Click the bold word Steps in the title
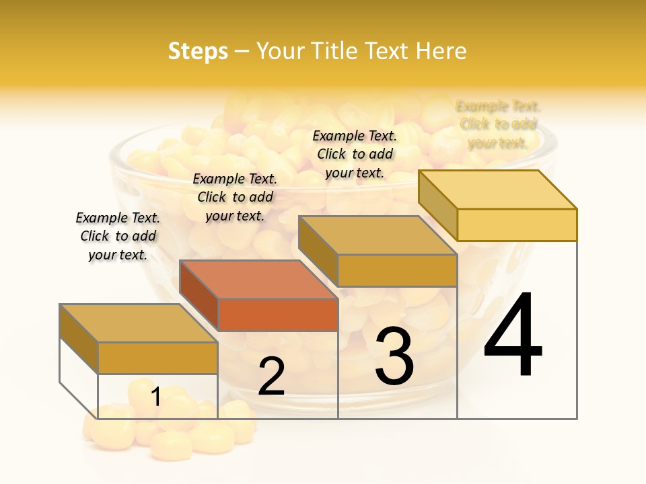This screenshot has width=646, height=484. point(198,51)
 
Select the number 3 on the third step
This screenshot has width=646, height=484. point(394,356)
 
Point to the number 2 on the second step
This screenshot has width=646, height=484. point(271,376)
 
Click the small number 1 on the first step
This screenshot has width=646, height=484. point(155,397)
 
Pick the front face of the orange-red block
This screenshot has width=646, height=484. point(278,315)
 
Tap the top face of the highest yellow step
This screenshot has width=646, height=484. point(498,189)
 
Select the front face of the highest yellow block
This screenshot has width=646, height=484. point(517,225)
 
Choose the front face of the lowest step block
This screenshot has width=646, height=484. point(157,358)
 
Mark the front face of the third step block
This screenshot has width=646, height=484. point(397,270)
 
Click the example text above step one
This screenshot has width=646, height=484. point(118,236)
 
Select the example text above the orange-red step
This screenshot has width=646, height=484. point(235,197)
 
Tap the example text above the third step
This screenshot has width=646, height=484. point(355,154)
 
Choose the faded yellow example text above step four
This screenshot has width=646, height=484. point(498,124)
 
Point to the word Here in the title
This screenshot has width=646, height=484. point(441,51)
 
